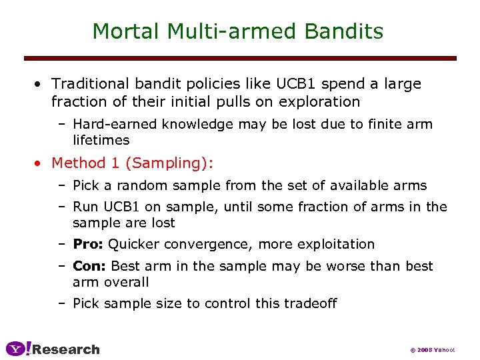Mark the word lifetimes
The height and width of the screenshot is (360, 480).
[101, 140]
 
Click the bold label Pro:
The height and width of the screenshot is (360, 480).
[88, 244]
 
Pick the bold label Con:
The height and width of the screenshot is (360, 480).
[89, 266]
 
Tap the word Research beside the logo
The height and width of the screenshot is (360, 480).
[66, 349]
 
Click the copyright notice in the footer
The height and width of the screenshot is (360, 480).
[432, 350]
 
